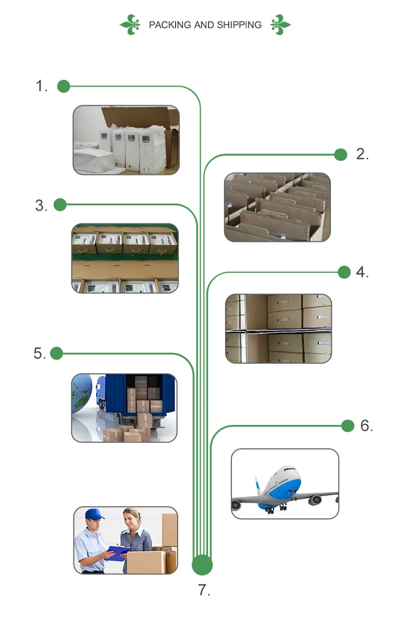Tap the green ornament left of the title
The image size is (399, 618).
130,25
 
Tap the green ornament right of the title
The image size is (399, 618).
280,24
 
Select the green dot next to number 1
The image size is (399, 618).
63,86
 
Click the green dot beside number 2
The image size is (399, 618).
341,155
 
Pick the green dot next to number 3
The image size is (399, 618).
60,205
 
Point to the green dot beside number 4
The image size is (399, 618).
344,272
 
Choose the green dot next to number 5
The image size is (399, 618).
56,353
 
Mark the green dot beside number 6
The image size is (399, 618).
347,425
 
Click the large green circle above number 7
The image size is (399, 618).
202,565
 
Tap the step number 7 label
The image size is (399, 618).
204,590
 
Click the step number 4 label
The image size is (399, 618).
362,272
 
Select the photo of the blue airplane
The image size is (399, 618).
285,483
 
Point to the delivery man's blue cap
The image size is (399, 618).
94,514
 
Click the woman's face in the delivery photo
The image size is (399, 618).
132,518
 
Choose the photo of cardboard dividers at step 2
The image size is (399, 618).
277,207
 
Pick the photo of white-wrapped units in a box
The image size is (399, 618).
126,140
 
